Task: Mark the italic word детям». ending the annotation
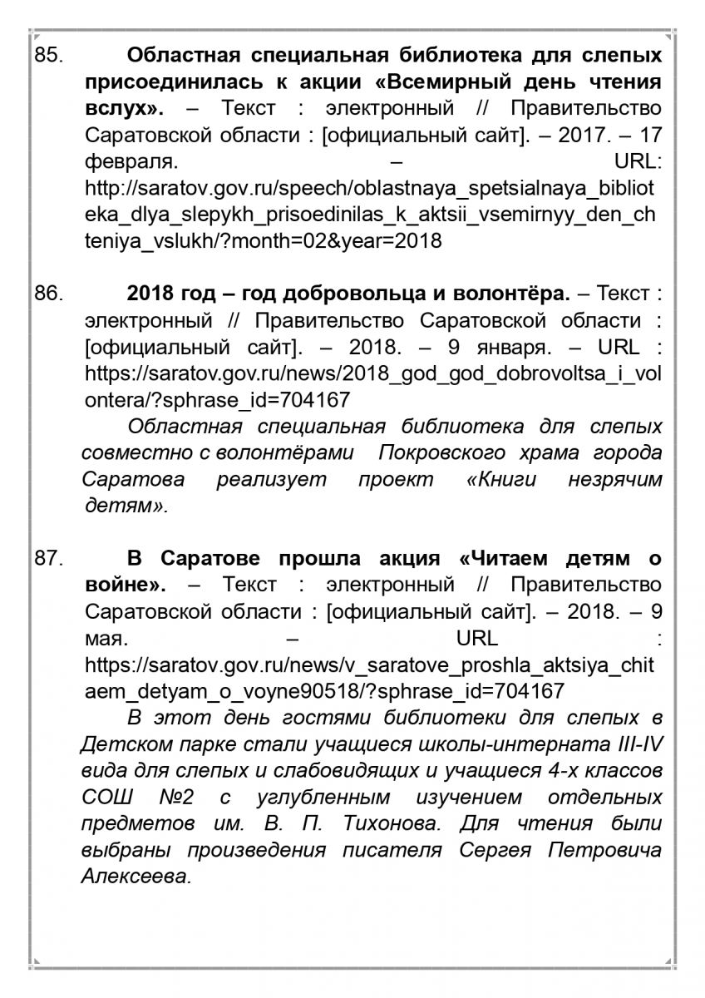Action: pos(126,506)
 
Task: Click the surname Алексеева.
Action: pos(136,877)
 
